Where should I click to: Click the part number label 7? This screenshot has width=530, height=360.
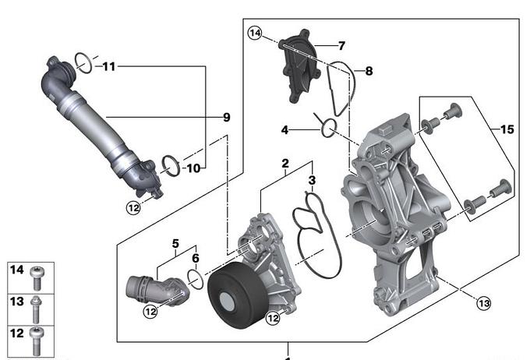pos(341,46)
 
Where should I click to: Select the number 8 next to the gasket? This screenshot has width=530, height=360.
pos(369,71)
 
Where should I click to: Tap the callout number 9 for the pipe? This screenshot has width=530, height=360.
pos(226,118)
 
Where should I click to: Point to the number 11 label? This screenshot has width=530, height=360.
pos(109,67)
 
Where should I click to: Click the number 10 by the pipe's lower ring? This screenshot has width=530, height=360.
pos(194,168)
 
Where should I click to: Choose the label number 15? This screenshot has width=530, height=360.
pos(507,130)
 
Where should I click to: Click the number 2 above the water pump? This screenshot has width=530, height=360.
pos(285,164)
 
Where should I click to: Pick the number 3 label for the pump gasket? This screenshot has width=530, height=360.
pos(312,181)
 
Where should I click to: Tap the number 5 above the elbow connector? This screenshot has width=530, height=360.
pos(176,242)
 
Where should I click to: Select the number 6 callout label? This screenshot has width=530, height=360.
pos(195,258)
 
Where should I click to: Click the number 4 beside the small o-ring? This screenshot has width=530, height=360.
pos(285,129)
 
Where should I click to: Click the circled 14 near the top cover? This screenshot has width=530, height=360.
pos(256,33)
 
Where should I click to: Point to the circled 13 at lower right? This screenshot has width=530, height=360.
pos(483,303)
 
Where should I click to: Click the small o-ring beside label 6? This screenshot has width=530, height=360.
pos(197,280)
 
